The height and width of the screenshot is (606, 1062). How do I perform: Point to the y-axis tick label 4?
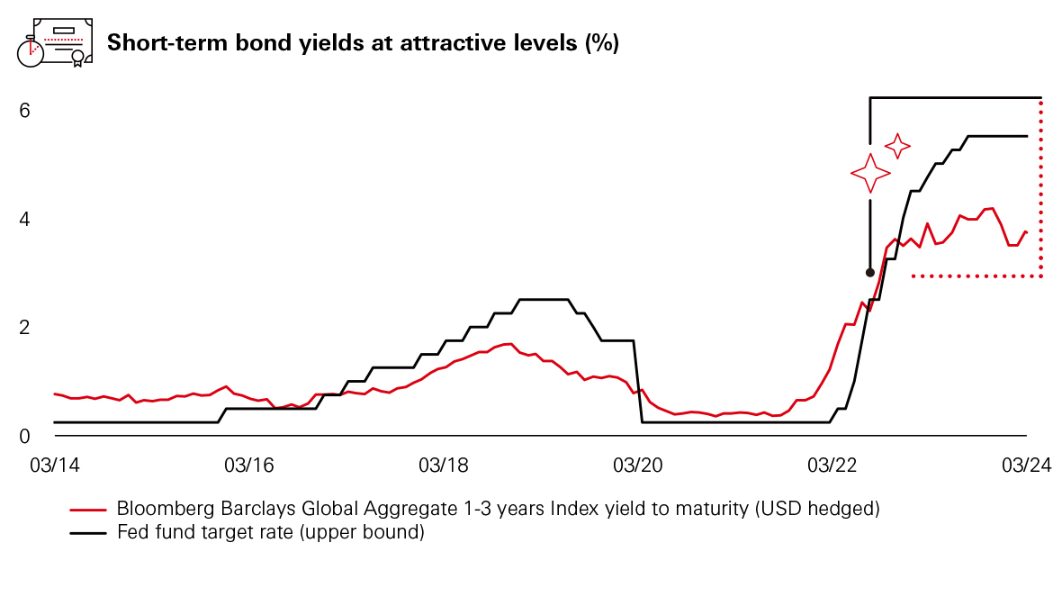[25, 219]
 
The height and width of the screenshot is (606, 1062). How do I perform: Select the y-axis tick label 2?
[25, 327]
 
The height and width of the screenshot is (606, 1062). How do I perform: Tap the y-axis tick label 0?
[25, 436]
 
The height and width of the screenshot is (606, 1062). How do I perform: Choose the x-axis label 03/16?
[248, 466]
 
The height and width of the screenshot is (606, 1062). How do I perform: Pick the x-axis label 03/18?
[443, 466]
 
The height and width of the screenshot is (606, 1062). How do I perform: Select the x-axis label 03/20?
[637, 466]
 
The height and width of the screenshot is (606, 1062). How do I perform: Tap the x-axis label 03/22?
[832, 466]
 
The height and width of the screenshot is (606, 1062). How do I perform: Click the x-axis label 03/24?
[1026, 466]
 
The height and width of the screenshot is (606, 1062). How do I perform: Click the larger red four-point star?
[870, 173]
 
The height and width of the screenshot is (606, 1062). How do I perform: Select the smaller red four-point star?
[897, 145]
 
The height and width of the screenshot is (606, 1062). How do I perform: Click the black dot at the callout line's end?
[869, 272]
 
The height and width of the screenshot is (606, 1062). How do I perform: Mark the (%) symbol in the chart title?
[601, 42]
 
